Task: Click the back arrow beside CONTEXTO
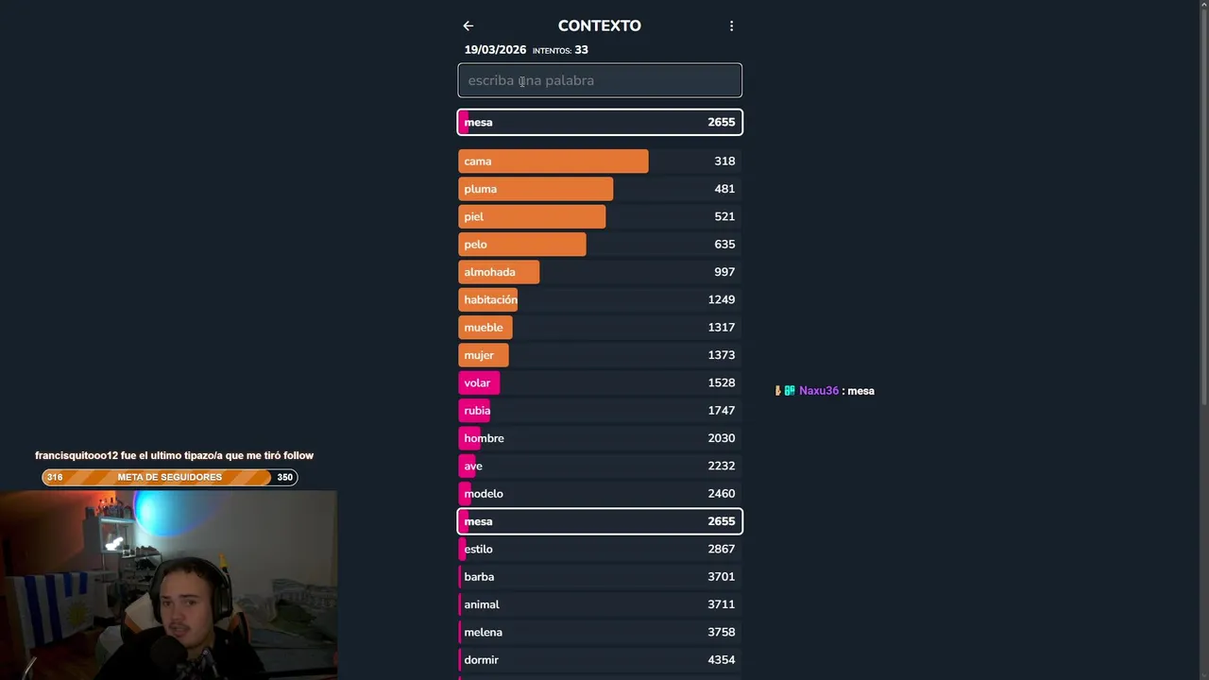click(468, 26)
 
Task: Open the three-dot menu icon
click(731, 26)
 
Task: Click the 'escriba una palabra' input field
click(600, 80)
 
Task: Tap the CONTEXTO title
click(599, 26)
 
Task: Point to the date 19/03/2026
click(495, 50)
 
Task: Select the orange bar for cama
click(553, 161)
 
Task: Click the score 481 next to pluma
click(724, 189)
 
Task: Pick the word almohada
click(489, 272)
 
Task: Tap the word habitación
click(490, 299)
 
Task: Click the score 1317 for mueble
click(721, 328)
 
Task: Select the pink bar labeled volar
click(479, 382)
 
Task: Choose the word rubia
click(477, 411)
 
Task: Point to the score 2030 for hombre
click(721, 438)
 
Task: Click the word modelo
click(484, 494)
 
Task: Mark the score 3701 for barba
click(721, 577)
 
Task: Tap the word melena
click(483, 633)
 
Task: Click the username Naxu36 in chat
click(819, 391)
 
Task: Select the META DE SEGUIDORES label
click(170, 477)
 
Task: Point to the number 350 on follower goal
click(284, 477)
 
